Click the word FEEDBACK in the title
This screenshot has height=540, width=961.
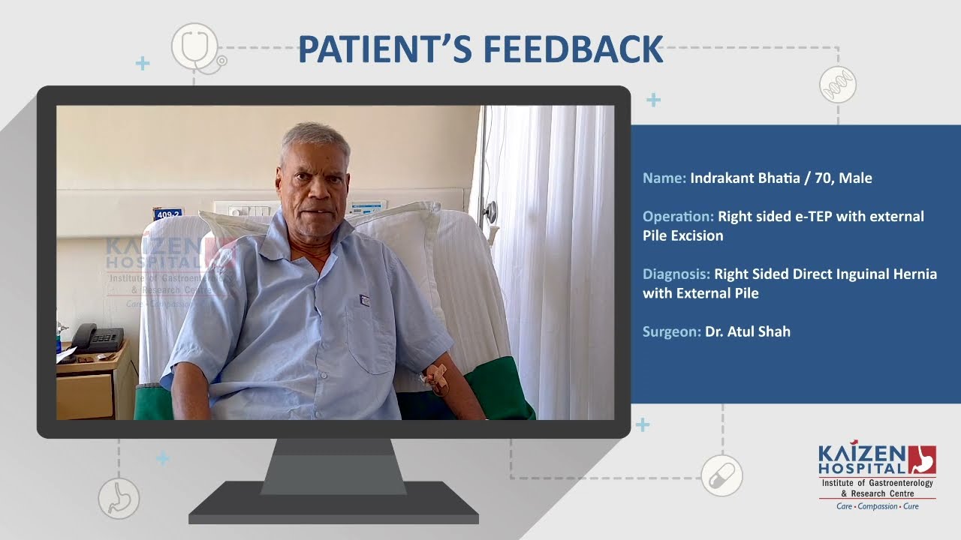click(574, 49)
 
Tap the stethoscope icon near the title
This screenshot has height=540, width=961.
click(197, 48)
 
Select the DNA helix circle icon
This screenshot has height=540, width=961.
click(838, 85)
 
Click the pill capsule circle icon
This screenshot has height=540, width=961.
click(722, 475)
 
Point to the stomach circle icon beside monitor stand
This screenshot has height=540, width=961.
click(119, 499)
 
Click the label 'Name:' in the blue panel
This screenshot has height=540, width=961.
click(664, 178)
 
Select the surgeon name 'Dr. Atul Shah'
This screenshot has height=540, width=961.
click(748, 331)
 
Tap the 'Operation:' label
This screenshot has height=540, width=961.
click(678, 217)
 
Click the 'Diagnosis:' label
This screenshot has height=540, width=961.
click(676, 274)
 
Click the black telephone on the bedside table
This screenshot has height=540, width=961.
click(97, 337)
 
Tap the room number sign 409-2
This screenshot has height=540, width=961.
click(167, 214)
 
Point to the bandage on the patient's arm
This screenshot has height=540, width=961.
click(437, 379)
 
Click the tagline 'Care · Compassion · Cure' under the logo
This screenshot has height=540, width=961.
click(878, 506)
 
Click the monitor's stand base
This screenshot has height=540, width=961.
click(333, 502)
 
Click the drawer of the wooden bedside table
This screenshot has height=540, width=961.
click(85, 396)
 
